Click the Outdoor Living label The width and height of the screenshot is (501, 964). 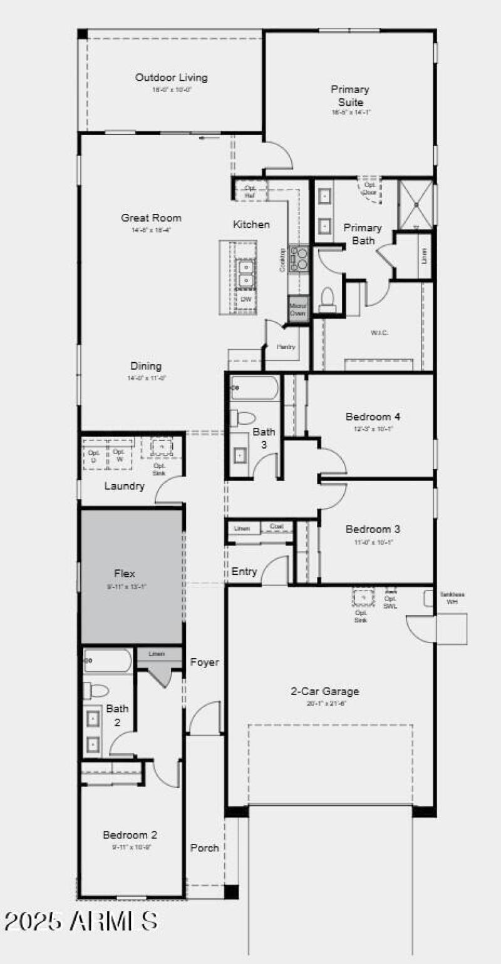coord(171,78)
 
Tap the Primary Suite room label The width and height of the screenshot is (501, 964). coord(350,96)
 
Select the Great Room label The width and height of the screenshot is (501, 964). coord(151,218)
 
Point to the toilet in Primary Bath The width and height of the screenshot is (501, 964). coord(328,299)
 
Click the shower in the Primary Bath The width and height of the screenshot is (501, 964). coord(415,204)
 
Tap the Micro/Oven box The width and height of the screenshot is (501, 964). coord(298,310)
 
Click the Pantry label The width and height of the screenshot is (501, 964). coord(286,347)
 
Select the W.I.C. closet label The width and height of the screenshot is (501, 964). coord(379,332)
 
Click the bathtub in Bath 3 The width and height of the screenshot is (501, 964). coord(254,388)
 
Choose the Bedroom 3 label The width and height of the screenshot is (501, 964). coord(373,530)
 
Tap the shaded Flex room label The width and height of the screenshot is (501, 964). coord(125,574)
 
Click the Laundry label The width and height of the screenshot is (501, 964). coord(124,486)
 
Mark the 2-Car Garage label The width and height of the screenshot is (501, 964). coord(324,692)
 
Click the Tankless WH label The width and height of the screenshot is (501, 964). coord(452,598)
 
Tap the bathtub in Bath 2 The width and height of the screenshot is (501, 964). coord(108,661)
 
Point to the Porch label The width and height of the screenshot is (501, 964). coord(204,848)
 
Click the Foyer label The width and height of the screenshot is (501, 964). coord(204,662)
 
